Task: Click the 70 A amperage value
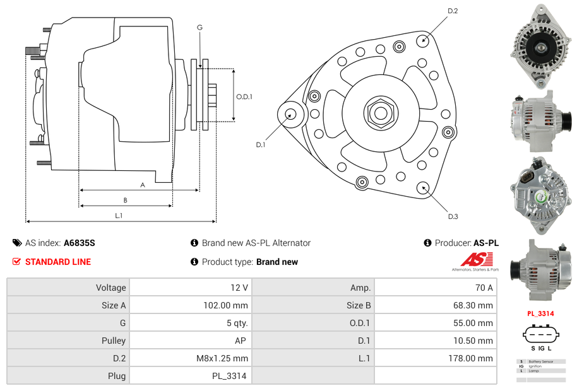(484, 288)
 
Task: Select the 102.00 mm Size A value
(230, 305)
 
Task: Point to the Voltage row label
(110, 288)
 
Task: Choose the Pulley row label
(114, 341)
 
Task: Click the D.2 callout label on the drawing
(453, 11)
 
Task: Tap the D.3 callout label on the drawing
(453, 216)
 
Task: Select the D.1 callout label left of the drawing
(260, 144)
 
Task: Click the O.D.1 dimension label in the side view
(244, 96)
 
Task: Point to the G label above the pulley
(199, 27)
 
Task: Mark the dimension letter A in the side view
(143, 185)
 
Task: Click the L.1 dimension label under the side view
(119, 216)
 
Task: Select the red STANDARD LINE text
(57, 262)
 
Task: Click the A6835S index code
(80, 243)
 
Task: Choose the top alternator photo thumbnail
(541, 45)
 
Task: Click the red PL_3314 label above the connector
(540, 313)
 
